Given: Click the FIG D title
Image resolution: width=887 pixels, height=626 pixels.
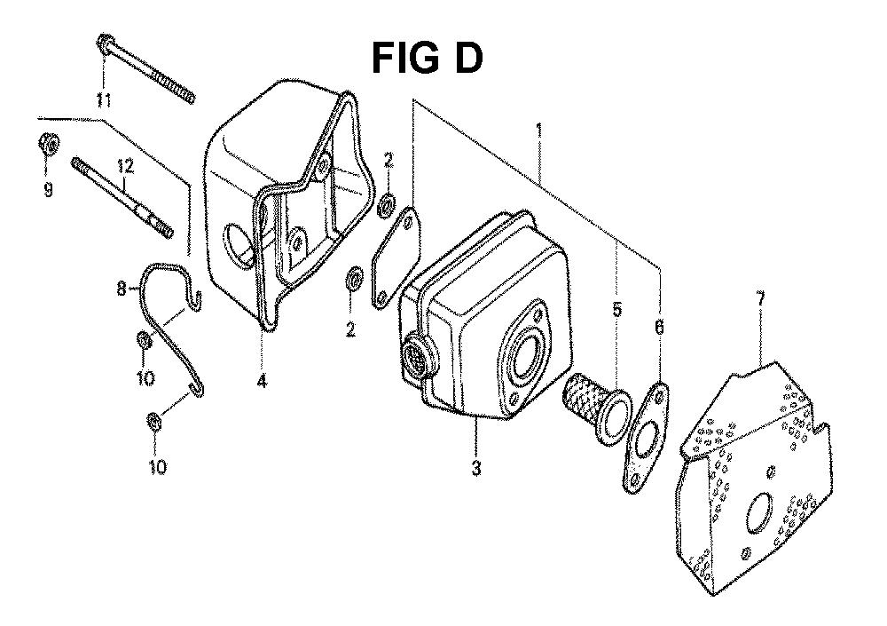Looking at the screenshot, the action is [428, 59].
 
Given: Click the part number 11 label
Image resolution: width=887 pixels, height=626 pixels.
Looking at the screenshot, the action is [102, 101].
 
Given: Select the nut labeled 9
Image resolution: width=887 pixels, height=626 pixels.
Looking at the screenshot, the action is [48, 145].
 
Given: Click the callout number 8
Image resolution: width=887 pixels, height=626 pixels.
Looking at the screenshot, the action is [122, 289].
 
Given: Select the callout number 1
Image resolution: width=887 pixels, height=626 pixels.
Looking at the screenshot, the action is [538, 131].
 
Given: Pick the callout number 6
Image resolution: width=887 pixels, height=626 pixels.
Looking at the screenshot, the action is [660, 327].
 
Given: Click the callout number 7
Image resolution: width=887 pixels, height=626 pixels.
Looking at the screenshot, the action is [761, 298].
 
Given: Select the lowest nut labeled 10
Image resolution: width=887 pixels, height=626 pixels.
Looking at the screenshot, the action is [153, 422].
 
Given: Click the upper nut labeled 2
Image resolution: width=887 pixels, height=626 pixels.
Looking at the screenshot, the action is [386, 205].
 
